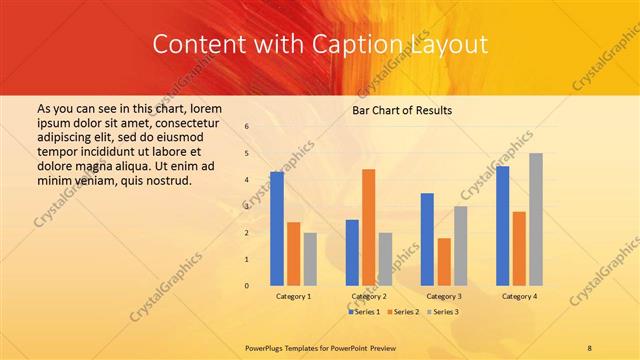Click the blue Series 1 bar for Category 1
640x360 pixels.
(277, 229)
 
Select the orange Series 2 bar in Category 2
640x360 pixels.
(369, 227)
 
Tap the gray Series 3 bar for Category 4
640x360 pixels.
(536, 219)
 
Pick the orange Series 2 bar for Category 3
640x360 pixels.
(444, 262)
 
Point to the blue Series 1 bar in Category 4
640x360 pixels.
(502, 226)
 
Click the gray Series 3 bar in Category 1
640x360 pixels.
(310, 259)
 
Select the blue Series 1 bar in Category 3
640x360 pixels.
(427, 239)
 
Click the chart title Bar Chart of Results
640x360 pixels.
(402, 110)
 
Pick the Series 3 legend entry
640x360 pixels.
(442, 312)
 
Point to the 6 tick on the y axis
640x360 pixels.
(247, 126)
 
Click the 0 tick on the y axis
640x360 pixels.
(247, 286)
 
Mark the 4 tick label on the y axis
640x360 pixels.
(247, 180)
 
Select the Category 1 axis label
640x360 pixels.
(293, 297)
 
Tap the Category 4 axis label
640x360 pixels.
(519, 297)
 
